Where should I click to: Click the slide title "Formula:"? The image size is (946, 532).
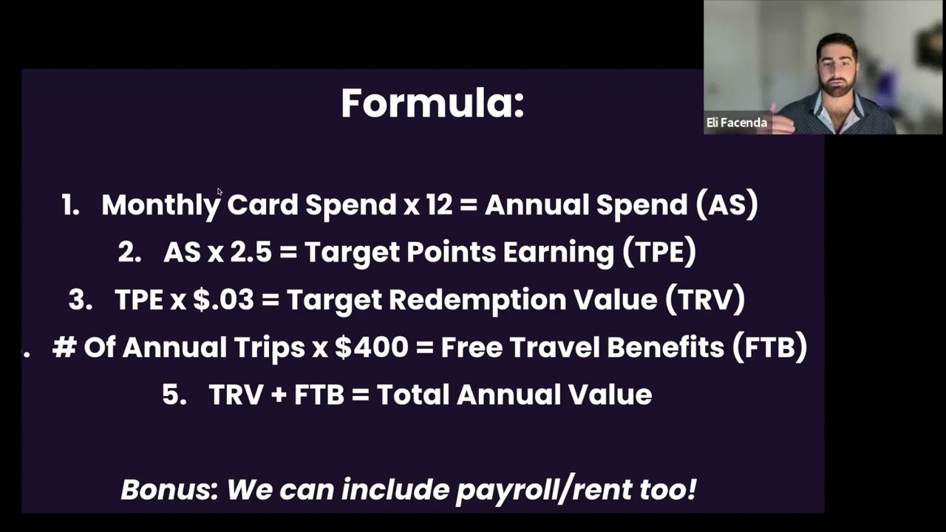pyautogui.click(x=432, y=103)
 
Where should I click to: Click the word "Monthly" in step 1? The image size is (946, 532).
pyautogui.click(x=160, y=205)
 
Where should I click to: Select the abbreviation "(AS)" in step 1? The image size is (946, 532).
pyautogui.click(x=726, y=205)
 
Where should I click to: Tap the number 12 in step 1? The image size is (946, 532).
pyautogui.click(x=438, y=205)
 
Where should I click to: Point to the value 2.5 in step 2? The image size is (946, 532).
pyautogui.click(x=251, y=253)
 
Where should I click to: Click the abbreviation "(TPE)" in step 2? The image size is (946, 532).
pyautogui.click(x=659, y=253)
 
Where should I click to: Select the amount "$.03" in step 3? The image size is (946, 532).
pyautogui.click(x=223, y=300)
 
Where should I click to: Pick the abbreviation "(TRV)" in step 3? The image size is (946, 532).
pyautogui.click(x=704, y=300)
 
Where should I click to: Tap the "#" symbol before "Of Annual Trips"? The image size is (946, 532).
pyautogui.click(x=64, y=347)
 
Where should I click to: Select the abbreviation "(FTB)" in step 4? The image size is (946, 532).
pyautogui.click(x=769, y=347)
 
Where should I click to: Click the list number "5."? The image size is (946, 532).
pyautogui.click(x=174, y=395)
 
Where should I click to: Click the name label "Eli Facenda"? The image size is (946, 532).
pyautogui.click(x=736, y=123)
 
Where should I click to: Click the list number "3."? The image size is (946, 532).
pyautogui.click(x=80, y=300)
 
